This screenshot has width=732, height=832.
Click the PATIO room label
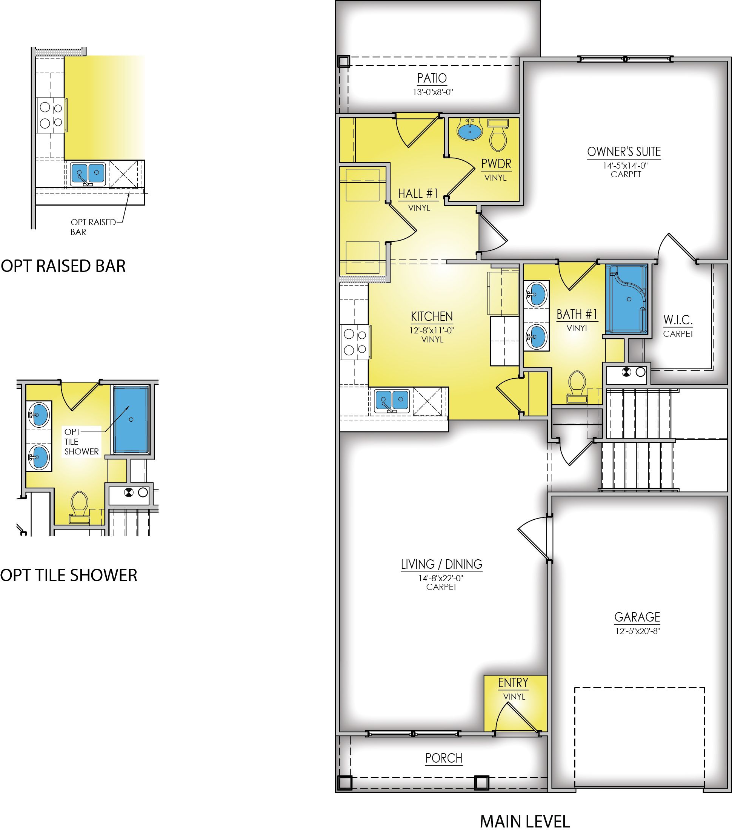[432, 78]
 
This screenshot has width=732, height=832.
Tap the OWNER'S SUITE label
[624, 152]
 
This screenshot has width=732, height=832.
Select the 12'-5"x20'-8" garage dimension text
[638, 631]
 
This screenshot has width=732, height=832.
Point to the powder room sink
[470, 130]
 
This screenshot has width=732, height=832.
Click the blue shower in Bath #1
[626, 299]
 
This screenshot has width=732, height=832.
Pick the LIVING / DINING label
[442, 564]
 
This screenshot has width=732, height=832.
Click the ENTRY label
[514, 683]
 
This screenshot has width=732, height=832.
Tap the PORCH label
[444, 758]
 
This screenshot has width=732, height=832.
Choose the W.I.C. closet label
[678, 320]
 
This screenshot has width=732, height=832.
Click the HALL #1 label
[418, 193]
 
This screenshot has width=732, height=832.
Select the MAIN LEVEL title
[525, 821]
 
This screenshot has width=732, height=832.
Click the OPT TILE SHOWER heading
[69, 575]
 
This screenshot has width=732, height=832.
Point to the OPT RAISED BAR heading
[63, 266]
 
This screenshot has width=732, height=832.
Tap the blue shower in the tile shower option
[131, 420]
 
